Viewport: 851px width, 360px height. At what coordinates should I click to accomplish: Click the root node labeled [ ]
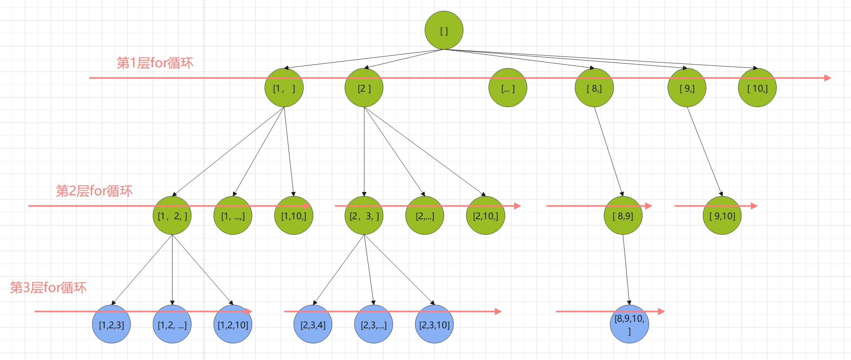(x=444, y=30)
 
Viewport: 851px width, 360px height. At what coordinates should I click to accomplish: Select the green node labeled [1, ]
(x=284, y=88)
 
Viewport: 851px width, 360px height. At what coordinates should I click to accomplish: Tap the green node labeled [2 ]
(x=364, y=88)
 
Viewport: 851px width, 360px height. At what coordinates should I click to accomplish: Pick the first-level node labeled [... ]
(x=508, y=88)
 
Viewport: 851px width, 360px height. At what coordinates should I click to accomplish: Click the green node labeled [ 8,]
(x=594, y=88)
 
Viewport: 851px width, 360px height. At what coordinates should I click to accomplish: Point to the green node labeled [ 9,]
(x=687, y=88)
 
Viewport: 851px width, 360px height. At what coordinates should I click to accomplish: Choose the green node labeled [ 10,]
(x=757, y=88)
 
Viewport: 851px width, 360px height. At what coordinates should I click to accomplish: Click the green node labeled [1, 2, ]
(x=172, y=215)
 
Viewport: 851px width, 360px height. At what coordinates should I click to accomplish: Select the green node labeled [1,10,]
(x=294, y=215)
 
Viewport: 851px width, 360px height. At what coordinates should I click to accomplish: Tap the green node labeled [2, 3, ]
(x=364, y=215)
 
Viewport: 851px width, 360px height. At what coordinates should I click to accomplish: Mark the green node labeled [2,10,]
(x=485, y=215)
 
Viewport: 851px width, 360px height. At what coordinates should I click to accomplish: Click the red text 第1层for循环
(x=155, y=63)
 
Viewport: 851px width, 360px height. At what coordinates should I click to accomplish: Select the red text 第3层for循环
(x=48, y=287)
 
